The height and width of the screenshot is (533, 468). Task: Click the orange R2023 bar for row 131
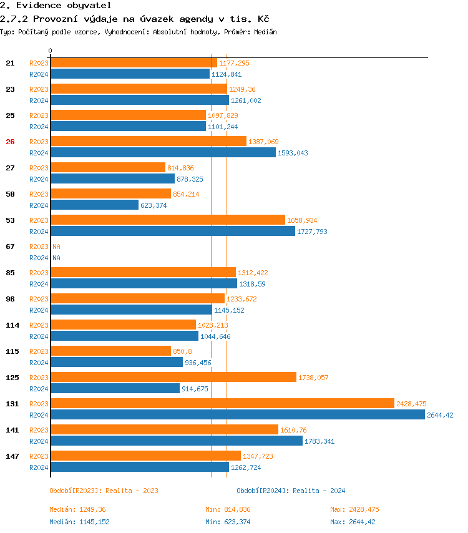(x=222, y=403)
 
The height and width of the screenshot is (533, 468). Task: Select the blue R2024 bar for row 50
(x=94, y=205)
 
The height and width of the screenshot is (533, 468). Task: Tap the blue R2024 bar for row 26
(x=163, y=152)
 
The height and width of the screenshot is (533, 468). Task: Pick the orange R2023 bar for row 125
(x=173, y=377)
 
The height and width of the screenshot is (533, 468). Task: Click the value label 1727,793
(x=312, y=232)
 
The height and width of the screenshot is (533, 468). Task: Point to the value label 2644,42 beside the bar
(x=440, y=415)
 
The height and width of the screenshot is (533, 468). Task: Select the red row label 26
(x=10, y=142)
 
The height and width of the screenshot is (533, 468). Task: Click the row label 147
(x=12, y=456)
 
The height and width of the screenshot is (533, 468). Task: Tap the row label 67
(x=10, y=247)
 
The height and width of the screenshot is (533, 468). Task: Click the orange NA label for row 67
(x=56, y=247)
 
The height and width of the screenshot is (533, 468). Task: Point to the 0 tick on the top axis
(x=51, y=51)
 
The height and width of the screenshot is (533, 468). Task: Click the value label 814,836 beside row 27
(x=180, y=168)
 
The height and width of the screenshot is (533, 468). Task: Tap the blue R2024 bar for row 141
(x=177, y=441)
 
